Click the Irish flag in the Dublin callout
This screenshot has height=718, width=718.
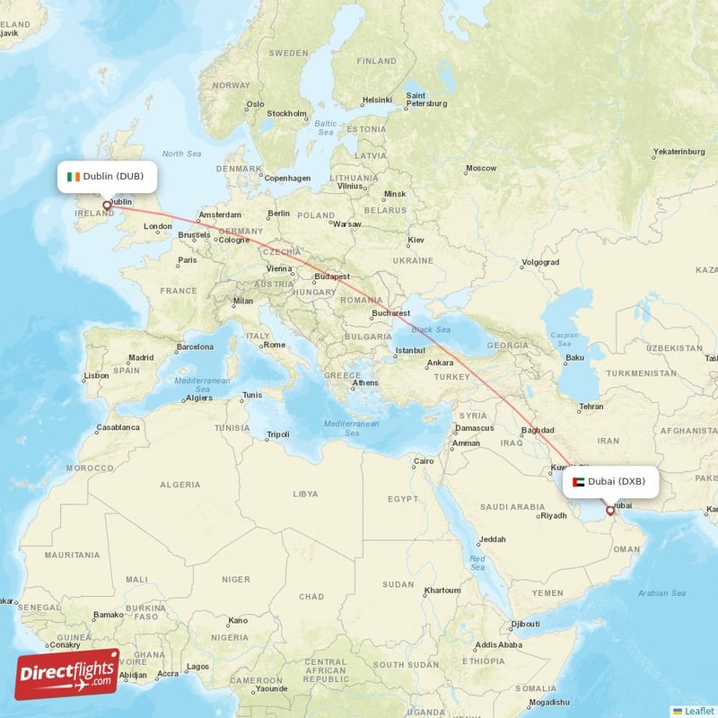point(73,176)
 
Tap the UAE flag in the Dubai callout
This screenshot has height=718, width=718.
point(579,482)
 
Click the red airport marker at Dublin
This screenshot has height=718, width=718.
point(107,206)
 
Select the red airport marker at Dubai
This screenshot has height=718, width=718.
point(610,511)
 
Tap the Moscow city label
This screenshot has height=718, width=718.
point(480,168)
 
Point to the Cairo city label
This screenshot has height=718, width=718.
point(424,461)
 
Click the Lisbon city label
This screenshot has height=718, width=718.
point(96,375)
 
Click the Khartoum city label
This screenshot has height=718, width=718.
point(442,590)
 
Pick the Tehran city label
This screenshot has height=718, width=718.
point(591,407)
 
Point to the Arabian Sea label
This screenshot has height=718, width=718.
point(661,593)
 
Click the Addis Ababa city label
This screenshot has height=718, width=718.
point(497,644)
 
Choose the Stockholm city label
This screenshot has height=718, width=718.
point(286,113)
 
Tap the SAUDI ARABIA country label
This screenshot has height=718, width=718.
point(512,507)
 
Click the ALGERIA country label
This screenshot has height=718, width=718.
point(179,485)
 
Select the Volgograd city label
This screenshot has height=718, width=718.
point(539,262)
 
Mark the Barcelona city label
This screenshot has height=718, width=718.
point(195,346)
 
